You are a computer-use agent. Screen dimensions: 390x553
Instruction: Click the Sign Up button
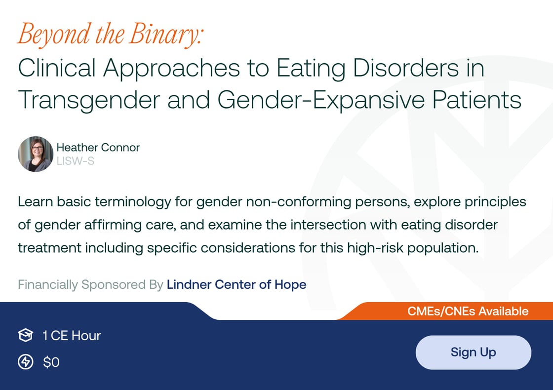coord(473,352)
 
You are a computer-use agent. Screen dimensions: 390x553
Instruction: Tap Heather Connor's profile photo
coord(36,154)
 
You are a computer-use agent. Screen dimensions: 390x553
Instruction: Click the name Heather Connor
coord(98,147)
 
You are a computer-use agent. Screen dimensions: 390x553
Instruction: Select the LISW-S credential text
coord(75,161)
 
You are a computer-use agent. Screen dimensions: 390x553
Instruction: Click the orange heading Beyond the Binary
coord(111,35)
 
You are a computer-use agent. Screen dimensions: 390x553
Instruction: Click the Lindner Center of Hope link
coord(237,285)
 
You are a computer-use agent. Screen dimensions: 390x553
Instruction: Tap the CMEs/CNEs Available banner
coord(468,312)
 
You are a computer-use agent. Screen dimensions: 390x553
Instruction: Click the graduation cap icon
coord(25,336)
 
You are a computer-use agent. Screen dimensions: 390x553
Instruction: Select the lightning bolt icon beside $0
coord(25,362)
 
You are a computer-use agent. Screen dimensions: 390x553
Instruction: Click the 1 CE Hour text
coord(72,336)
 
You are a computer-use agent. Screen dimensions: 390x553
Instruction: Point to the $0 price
coord(51,362)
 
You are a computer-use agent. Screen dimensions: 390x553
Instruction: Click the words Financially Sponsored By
coord(90,285)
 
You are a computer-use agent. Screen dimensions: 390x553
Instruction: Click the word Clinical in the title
coord(56,68)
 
